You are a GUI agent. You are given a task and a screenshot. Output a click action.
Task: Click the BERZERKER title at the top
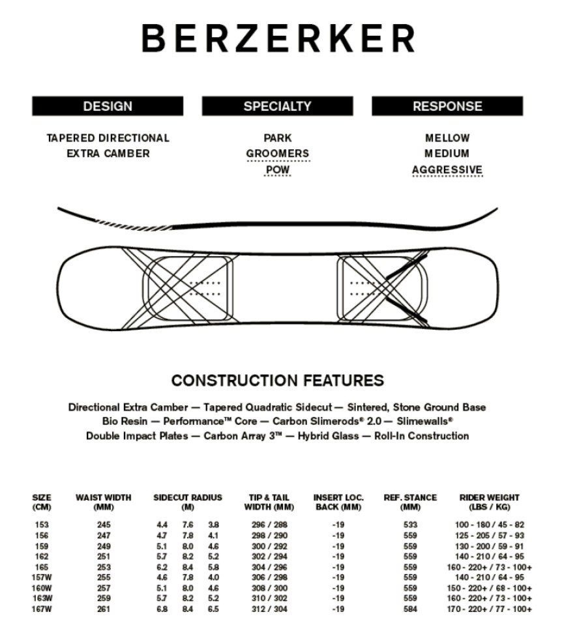(x=278, y=38)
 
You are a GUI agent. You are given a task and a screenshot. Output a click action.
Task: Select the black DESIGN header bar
(x=108, y=106)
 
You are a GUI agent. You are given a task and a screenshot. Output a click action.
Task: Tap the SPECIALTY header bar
(x=277, y=106)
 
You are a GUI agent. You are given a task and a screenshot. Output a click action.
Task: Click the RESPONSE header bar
(x=447, y=106)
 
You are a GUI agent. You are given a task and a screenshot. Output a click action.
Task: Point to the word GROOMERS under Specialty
(x=277, y=154)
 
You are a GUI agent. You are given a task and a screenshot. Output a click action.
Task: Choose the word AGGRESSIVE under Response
(x=447, y=170)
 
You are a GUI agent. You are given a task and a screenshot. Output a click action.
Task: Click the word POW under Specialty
(x=277, y=170)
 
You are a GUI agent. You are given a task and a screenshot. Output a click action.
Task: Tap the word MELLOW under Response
(x=447, y=138)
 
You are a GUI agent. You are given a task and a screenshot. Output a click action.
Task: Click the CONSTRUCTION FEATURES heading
(x=277, y=381)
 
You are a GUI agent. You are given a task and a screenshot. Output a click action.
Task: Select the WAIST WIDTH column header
(x=103, y=502)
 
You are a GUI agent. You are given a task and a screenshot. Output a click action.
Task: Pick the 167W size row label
(x=42, y=609)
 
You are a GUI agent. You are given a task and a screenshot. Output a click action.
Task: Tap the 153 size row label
(x=42, y=525)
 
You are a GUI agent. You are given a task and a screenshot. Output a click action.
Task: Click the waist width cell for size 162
(x=103, y=556)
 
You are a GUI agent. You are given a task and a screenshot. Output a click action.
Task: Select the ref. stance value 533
(x=411, y=525)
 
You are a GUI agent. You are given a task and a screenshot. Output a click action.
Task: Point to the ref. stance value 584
(x=411, y=609)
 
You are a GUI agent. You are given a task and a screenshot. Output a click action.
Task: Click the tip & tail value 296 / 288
(x=269, y=525)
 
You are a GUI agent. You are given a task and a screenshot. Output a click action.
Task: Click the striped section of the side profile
(x=114, y=224)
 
